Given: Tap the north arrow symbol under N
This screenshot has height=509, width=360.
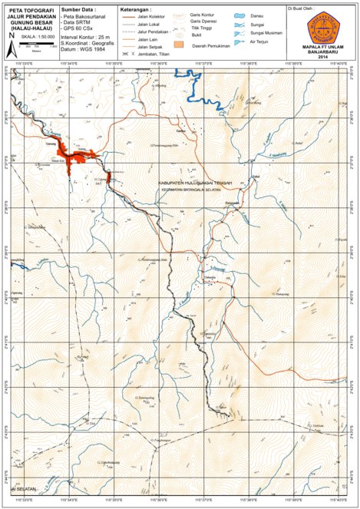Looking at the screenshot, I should (x=11, y=46).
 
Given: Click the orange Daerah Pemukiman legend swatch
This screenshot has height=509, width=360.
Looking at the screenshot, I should (x=180, y=45).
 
